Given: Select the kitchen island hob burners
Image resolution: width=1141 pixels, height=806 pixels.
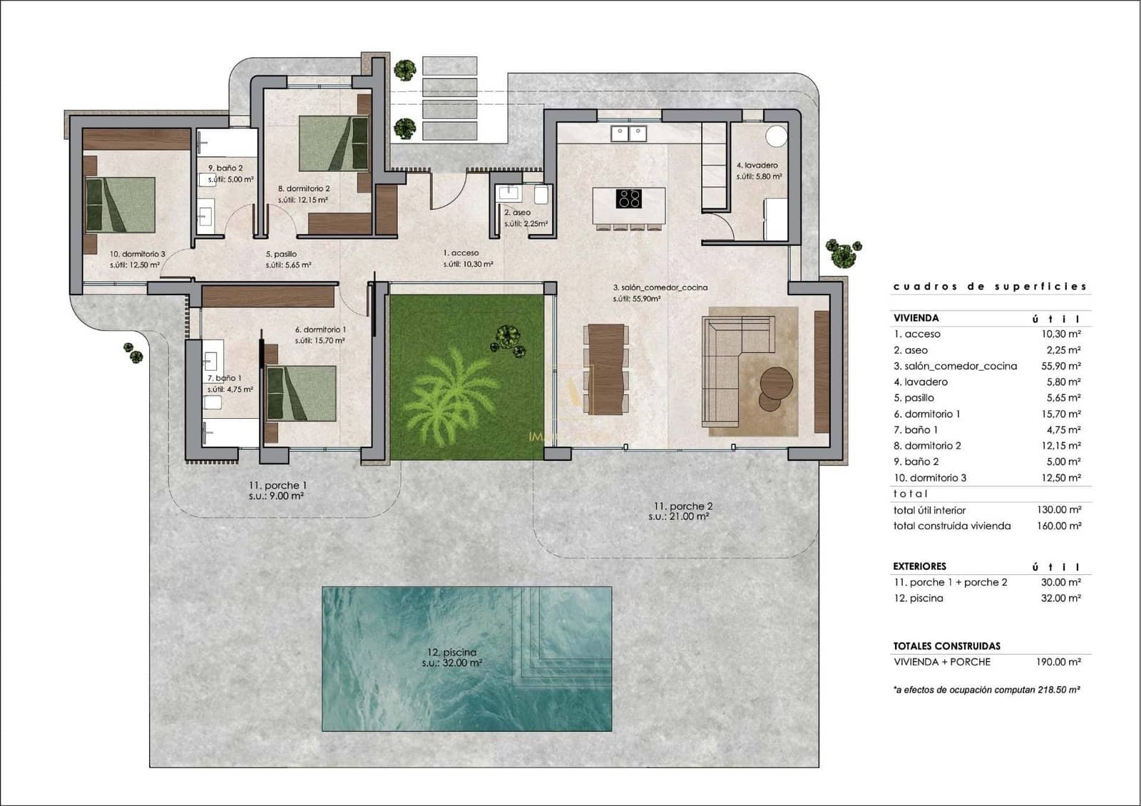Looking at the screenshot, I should (x=628, y=198).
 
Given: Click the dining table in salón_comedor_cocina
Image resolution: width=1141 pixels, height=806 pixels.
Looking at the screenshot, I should (x=606, y=369).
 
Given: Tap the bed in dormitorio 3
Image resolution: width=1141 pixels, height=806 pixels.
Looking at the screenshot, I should (x=120, y=205).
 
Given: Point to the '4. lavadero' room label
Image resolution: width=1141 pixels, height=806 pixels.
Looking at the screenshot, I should (x=757, y=165).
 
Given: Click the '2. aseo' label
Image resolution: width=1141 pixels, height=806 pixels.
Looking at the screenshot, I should (x=517, y=213).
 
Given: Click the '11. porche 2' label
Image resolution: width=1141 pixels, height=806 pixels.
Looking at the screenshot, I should (x=682, y=506).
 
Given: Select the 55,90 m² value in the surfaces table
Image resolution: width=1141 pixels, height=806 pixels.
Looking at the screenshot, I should (x=1060, y=366).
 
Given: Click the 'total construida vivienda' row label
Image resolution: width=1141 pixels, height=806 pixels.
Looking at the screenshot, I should (x=951, y=526).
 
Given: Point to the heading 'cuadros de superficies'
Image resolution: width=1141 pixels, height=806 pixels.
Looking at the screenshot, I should (x=990, y=287).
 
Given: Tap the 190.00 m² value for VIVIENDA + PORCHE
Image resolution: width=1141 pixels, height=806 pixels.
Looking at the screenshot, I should (x=1058, y=662).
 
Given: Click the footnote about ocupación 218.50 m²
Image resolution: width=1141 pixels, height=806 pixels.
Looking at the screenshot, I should (x=986, y=690).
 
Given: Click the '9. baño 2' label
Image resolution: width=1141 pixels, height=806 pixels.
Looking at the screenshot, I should (x=225, y=168).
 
